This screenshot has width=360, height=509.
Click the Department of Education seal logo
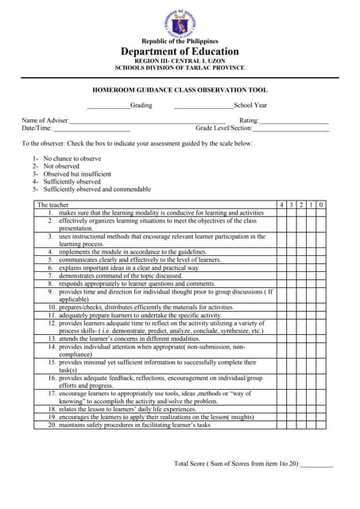click(180, 20)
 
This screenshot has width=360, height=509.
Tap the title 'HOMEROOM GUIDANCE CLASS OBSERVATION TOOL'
click(179, 91)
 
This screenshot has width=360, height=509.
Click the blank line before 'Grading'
click(108, 106)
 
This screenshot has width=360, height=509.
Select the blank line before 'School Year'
click(203, 106)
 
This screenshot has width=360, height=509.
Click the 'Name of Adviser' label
click(45, 120)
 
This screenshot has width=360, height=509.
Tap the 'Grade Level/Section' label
click(224, 128)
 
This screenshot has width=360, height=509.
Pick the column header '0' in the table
click(320, 205)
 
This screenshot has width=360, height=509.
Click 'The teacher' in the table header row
click(54, 205)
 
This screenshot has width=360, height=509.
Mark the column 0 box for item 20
click(320, 425)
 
